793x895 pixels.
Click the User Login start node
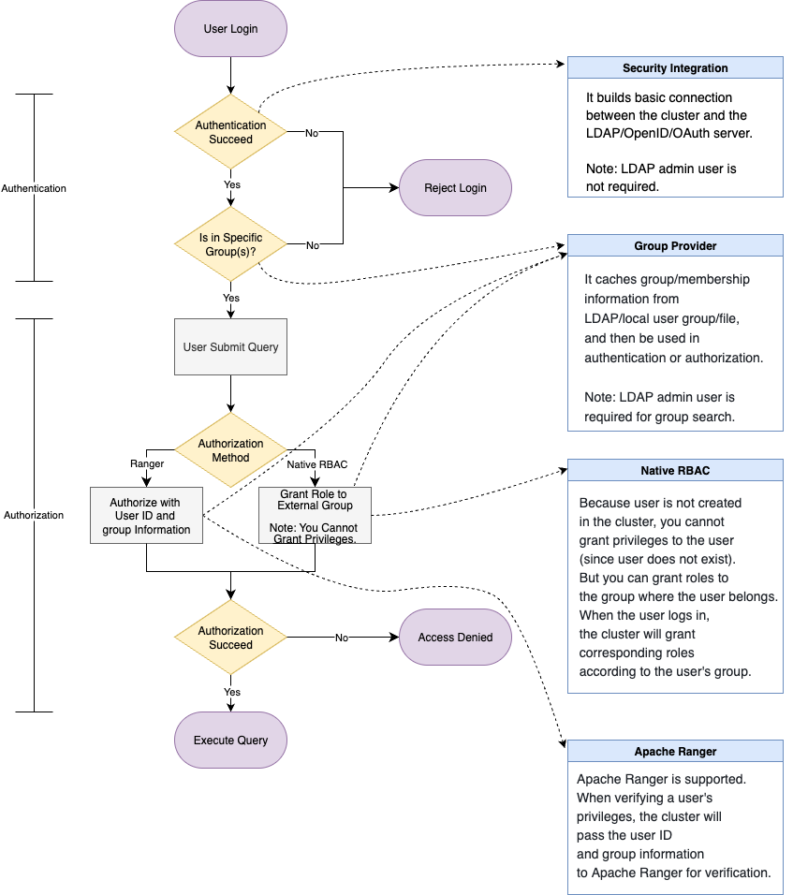click(x=230, y=29)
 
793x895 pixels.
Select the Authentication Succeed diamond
click(x=230, y=132)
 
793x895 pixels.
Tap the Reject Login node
click(x=455, y=187)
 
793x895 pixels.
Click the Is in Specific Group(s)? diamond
click(x=230, y=244)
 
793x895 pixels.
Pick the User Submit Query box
click(x=230, y=346)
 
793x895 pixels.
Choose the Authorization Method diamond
click(x=230, y=450)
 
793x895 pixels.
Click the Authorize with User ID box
click(x=146, y=516)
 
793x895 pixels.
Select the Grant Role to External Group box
click(x=314, y=515)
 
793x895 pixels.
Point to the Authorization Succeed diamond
click(x=230, y=638)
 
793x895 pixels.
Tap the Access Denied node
click(x=455, y=638)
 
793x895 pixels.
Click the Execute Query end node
click(x=230, y=740)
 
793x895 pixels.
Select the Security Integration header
click(x=675, y=68)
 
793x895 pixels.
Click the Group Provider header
click(x=675, y=246)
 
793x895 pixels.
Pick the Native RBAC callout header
click(x=675, y=470)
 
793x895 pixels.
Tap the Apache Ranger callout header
click(x=675, y=752)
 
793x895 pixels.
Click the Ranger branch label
click(x=147, y=463)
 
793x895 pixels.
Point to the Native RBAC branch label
click(x=316, y=463)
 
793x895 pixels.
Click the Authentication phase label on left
click(x=34, y=188)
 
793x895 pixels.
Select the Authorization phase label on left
click(x=34, y=515)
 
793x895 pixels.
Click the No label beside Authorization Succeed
click(x=342, y=638)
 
